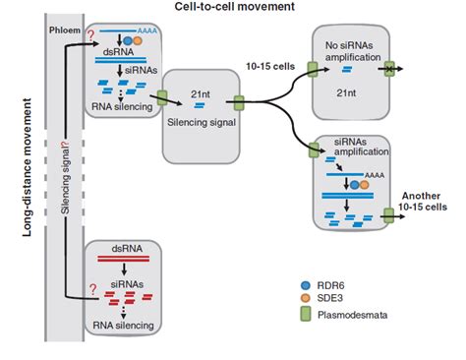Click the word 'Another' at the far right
click(422, 196)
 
